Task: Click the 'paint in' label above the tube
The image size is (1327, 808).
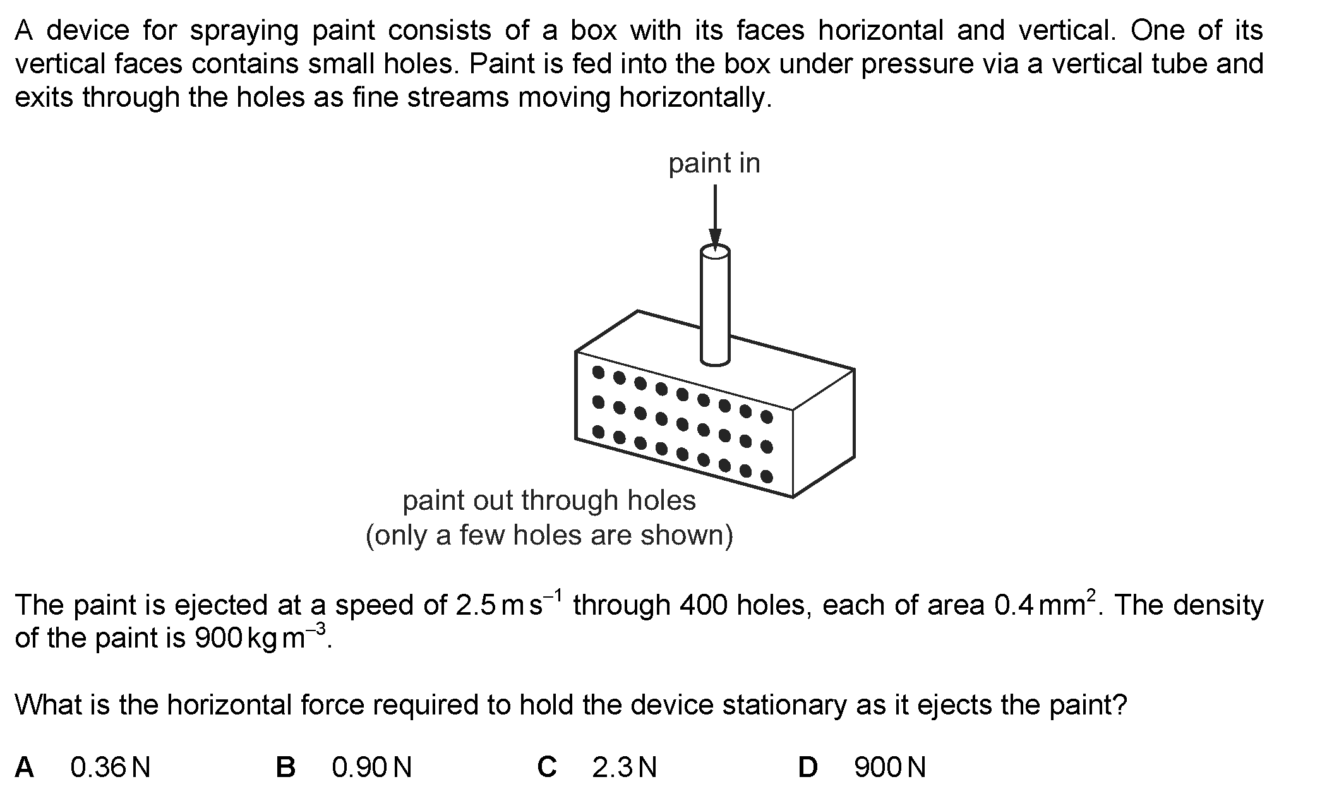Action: (714, 164)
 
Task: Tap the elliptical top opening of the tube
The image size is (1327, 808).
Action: (715, 253)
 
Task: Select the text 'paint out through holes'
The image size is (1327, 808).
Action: (549, 500)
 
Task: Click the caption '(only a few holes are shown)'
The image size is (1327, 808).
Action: (549, 536)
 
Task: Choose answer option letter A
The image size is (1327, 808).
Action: (25, 768)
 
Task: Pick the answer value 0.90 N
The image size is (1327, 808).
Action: (371, 768)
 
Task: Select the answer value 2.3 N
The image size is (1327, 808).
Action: (625, 768)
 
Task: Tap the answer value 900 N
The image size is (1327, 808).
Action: (890, 768)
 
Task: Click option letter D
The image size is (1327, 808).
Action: (808, 768)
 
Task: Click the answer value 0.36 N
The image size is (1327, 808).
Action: (110, 768)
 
